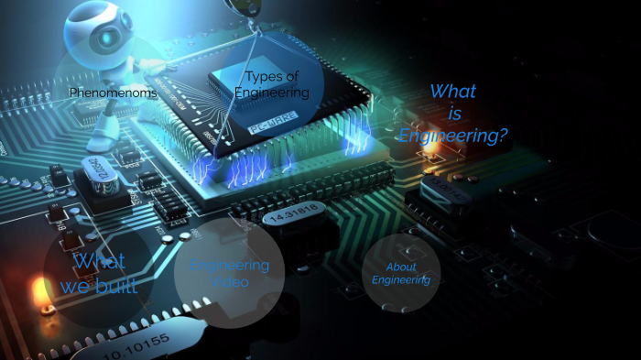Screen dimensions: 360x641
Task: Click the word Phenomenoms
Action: pyautogui.click(x=114, y=93)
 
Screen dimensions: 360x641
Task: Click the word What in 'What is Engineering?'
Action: pyautogui.click(x=452, y=92)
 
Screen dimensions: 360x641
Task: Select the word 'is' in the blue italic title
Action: pyautogui.click(x=455, y=114)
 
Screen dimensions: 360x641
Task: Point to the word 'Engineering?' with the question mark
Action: pyautogui.click(x=453, y=136)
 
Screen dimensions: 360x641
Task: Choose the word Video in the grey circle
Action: pyautogui.click(x=230, y=282)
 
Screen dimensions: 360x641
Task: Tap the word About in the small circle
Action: pyautogui.click(x=401, y=267)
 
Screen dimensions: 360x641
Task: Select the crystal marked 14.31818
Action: pyautogui.click(x=291, y=217)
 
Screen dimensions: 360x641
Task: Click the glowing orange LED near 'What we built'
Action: pyautogui.click(x=38, y=295)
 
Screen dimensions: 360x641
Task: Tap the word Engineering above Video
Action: pyautogui.click(x=230, y=266)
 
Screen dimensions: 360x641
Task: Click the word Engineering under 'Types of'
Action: pyautogui.click(x=272, y=93)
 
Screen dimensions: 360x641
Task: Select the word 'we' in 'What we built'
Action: pyautogui.click(x=75, y=286)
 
